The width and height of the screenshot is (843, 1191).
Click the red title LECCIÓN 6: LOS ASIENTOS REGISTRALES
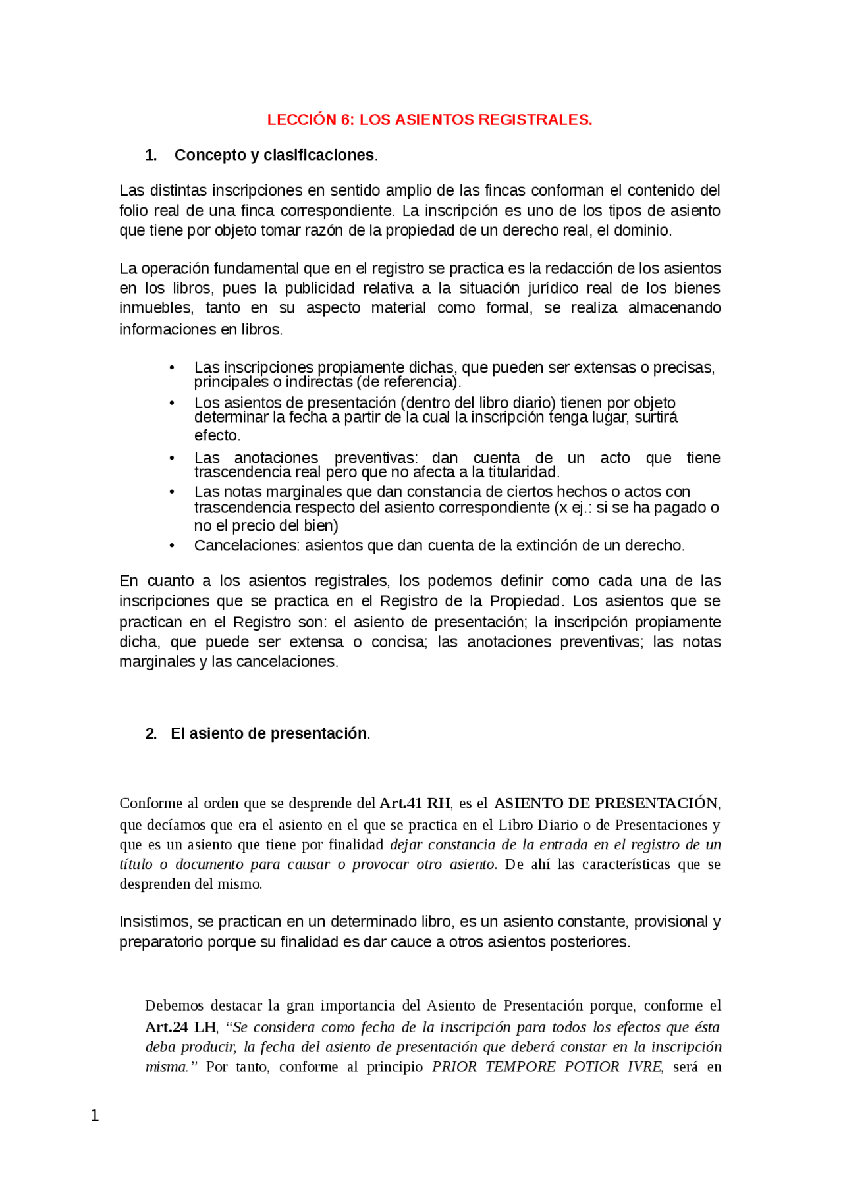tap(429, 120)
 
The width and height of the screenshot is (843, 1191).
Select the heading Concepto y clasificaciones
tap(275, 155)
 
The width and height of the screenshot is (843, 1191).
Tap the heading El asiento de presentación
tap(269, 733)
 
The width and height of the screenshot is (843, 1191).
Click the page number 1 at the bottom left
tap(95, 1115)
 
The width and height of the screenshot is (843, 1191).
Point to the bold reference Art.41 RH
tap(415, 803)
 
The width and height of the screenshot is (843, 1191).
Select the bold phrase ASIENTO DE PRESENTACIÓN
tap(605, 803)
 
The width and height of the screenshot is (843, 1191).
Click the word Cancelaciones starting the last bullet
tap(246, 546)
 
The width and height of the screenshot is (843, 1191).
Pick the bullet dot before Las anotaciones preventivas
tap(172, 458)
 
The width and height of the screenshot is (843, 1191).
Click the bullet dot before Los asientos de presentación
tap(172, 403)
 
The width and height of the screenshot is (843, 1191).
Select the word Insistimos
tap(155, 922)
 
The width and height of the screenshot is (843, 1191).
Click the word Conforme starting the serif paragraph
tap(151, 803)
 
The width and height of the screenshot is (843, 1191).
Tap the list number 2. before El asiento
tap(151, 733)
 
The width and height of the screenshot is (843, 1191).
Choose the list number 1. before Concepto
tap(151, 155)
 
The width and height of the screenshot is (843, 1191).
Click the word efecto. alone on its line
tap(217, 436)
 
